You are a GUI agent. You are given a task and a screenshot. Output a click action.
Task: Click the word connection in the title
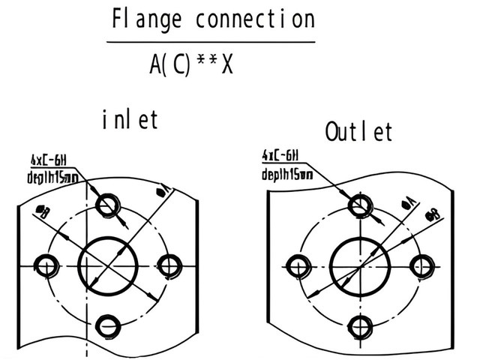[254, 19]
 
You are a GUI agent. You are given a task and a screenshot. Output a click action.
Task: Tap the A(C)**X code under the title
[191, 65]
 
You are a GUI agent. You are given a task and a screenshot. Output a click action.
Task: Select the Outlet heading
[359, 132]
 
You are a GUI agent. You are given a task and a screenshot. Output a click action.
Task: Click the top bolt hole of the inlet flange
[109, 203]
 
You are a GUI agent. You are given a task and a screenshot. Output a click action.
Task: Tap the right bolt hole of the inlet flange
[171, 263]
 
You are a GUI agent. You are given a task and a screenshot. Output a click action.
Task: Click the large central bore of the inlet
[109, 265]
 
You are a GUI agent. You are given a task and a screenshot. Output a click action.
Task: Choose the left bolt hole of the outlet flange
[300, 265]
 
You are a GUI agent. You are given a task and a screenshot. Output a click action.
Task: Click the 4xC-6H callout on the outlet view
[281, 156]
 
